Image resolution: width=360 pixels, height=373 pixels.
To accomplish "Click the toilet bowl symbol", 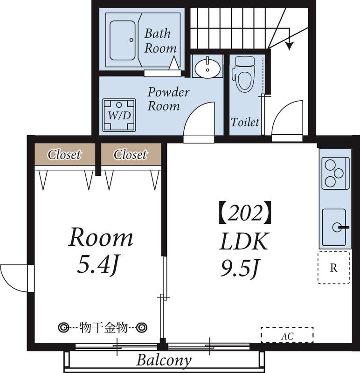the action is (244, 75).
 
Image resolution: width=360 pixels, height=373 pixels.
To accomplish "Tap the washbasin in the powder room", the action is (208, 67).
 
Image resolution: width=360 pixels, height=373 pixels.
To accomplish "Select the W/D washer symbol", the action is (119, 115).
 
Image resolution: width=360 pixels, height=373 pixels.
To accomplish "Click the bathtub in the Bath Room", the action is (123, 41).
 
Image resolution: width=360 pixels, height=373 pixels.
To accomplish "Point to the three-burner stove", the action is (335, 173).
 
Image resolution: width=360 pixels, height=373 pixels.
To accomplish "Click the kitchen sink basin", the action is (334, 227).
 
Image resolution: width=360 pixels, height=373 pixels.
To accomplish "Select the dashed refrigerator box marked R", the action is (334, 268).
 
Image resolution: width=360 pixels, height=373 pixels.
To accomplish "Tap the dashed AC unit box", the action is (287, 335).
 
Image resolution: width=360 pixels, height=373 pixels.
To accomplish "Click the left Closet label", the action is (64, 154).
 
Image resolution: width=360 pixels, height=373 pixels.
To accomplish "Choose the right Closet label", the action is (130, 154).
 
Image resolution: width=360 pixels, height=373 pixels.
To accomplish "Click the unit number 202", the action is (245, 213).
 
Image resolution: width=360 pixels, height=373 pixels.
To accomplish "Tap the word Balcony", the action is (164, 360).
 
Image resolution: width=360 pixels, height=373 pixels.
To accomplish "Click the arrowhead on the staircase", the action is (289, 46).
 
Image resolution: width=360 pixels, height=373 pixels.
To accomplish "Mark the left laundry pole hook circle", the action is (64, 328).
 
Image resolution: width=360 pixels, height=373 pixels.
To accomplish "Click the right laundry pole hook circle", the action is (141, 328).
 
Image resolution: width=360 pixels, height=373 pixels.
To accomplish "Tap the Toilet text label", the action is (245, 122).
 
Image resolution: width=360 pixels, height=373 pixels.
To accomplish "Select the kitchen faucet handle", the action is (344, 228).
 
